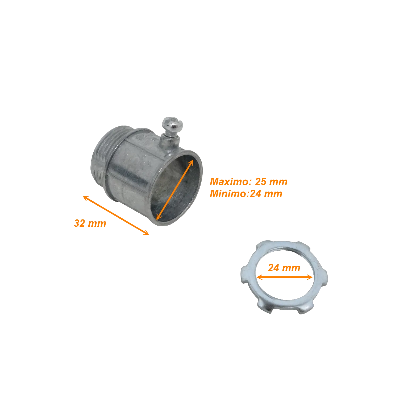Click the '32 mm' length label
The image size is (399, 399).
pyautogui.click(x=90, y=223)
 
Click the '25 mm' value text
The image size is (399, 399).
pyautogui.click(x=271, y=182)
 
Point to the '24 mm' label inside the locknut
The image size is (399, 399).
pyautogui.click(x=284, y=268)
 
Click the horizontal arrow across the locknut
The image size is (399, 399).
pyautogui.click(x=284, y=277)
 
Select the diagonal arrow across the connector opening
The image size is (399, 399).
pyautogui.click(x=174, y=190)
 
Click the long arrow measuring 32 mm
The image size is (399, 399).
pyautogui.click(x=116, y=215)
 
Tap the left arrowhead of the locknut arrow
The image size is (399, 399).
pyautogui.click(x=259, y=277)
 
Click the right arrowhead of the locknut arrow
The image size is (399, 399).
pyautogui.click(x=310, y=277)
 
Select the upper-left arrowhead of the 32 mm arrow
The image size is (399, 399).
pyautogui.click(x=86, y=198)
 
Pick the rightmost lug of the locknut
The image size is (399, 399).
pyautogui.click(x=323, y=278)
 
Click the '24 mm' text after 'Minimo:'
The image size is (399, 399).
pyautogui.click(x=266, y=194)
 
